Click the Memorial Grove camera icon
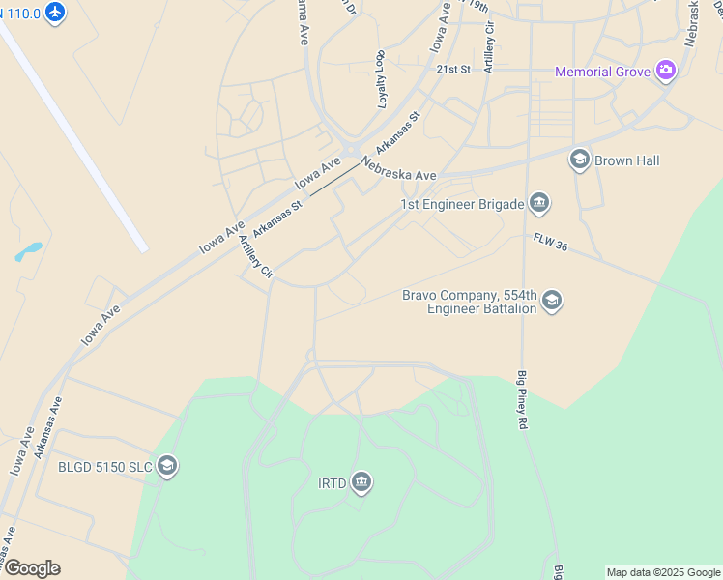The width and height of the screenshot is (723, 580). coord(665,71)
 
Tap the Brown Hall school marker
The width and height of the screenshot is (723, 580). coord(580,160)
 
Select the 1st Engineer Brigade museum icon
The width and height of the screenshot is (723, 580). coord(539,203)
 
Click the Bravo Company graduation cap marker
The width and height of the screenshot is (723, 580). coord(551,301)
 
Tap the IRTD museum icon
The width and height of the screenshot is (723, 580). coord(361,481)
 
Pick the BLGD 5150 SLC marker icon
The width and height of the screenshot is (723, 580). coord(167,467)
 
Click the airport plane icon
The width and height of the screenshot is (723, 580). coord(55,14)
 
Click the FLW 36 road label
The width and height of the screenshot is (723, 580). coord(549,243)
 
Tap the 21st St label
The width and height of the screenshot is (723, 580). coord(452,70)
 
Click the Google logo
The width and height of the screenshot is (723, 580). coord(31,568)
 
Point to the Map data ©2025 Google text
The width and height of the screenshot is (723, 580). coord(663,572)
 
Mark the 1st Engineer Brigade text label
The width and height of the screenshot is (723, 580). coord(462,204)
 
